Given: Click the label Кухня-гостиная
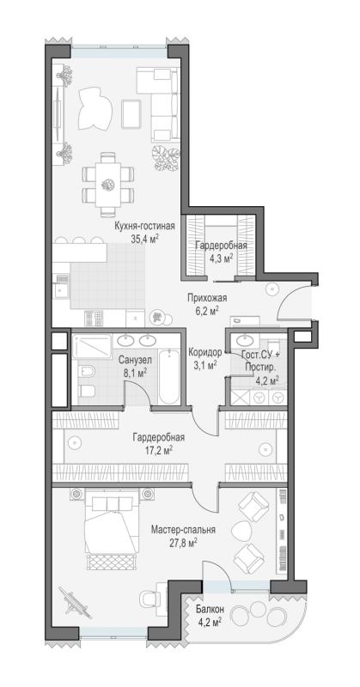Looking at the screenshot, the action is pyautogui.click(x=144, y=227).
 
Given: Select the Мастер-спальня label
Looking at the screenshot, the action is pyautogui.click(x=183, y=530).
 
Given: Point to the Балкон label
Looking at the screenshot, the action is pyautogui.click(x=211, y=609).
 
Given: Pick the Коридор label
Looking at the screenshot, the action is pyautogui.click(x=204, y=351).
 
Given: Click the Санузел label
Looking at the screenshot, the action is pyautogui.click(x=135, y=360).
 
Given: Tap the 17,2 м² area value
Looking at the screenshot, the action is pyautogui.click(x=159, y=449).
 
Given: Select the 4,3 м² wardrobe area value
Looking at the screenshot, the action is pyautogui.click(x=221, y=258).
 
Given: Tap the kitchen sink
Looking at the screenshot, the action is pyautogui.click(x=60, y=290).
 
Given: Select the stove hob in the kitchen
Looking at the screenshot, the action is pyautogui.click(x=94, y=317).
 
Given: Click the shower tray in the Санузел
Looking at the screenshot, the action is pyautogui.click(x=92, y=347).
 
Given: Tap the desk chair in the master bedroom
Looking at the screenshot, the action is pyautogui.click(x=148, y=598).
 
